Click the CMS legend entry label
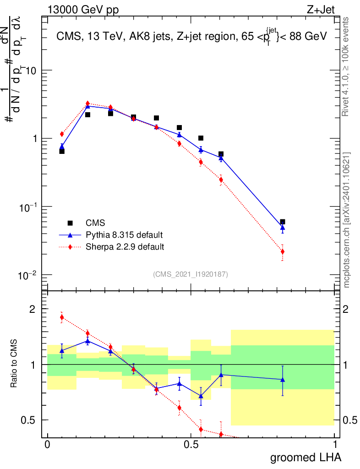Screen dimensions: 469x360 coord(95,223)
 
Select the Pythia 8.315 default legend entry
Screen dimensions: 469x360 coord(124,235)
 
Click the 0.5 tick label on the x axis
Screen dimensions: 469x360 coord(191,445)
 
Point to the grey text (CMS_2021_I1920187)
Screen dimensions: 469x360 coord(191,274)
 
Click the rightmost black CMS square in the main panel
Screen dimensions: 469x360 coord(283,222)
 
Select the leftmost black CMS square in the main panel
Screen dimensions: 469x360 coord(62,151)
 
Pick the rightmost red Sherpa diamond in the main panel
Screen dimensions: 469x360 coord(283,251)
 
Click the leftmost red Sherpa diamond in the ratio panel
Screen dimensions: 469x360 coord(62,317)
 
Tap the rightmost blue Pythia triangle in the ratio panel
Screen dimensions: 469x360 coord(283,379)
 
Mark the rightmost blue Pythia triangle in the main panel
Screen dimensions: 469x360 coord(283,227)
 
